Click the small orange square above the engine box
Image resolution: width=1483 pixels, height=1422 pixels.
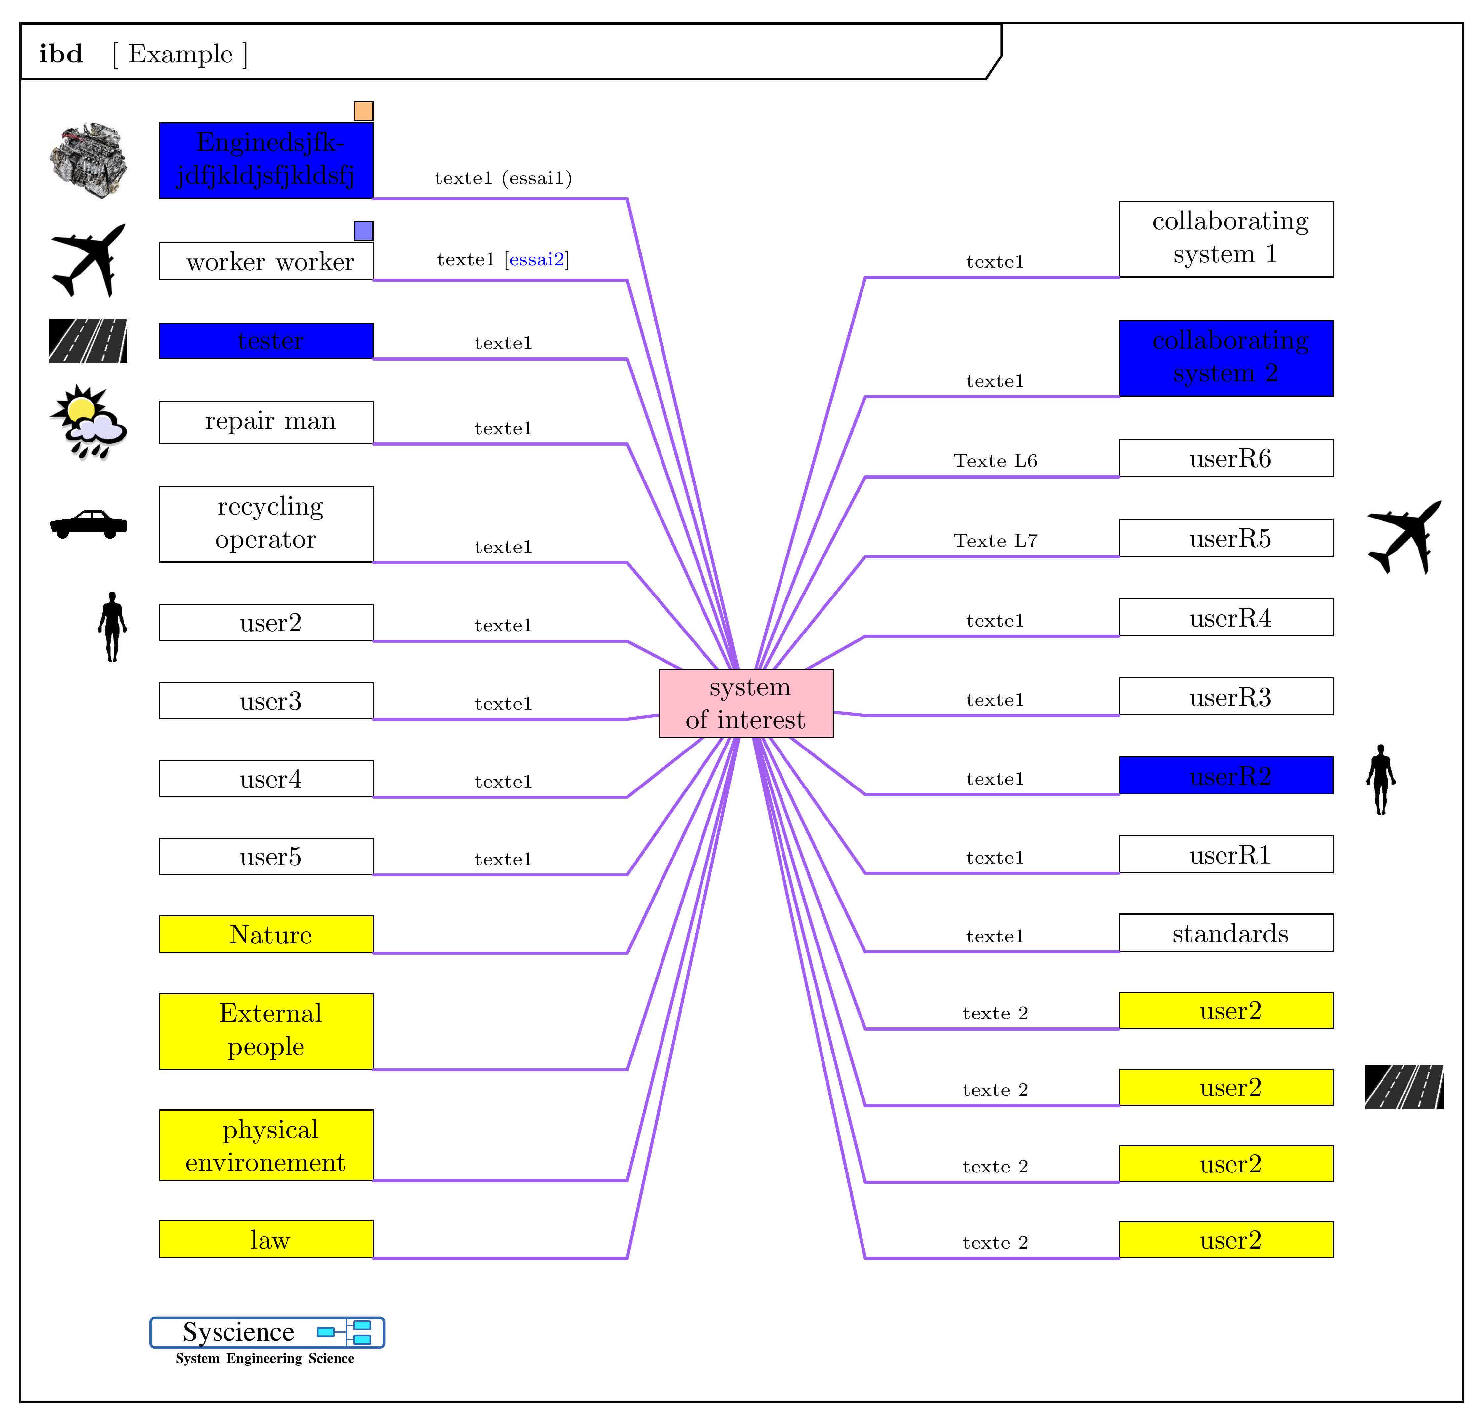(363, 111)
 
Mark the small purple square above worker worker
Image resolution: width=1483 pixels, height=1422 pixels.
(363, 230)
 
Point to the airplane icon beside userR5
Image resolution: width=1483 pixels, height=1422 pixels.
(1404, 537)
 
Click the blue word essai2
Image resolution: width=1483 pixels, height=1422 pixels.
(537, 259)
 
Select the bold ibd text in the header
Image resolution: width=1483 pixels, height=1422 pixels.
(60, 54)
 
